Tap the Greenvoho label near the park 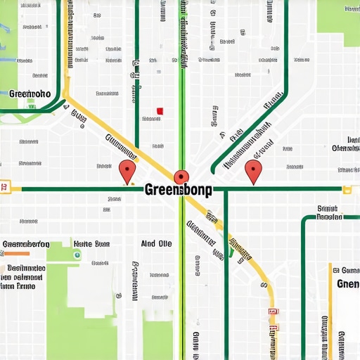30,93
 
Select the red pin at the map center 181,176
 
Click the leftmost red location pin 127,169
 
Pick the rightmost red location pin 252,169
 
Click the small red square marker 160,111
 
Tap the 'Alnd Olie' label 156,244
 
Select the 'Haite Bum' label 91,244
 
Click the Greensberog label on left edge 26,244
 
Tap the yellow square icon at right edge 346,189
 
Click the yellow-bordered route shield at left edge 5,187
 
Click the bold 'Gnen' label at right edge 348,283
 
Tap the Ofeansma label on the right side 345,148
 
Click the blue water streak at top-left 7,32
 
